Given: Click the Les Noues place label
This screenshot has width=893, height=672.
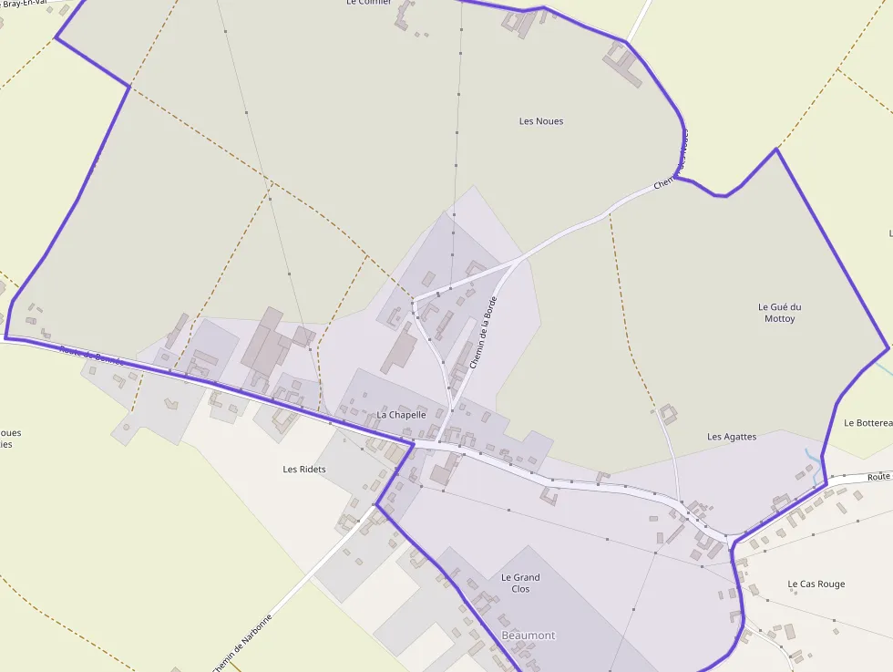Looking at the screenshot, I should (541, 121).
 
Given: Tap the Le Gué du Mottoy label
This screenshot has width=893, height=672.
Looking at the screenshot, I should (779, 313).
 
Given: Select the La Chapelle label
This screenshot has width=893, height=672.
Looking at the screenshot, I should (401, 415).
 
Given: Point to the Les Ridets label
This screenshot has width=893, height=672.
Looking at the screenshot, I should (304, 470).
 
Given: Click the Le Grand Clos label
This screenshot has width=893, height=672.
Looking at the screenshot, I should (520, 583).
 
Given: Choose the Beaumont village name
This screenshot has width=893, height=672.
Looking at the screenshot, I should (528, 636).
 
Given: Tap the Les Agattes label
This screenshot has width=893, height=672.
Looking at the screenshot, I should (732, 437).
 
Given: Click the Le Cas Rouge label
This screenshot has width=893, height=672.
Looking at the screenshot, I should (816, 584).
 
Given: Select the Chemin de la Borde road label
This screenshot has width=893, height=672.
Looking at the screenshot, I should (483, 333).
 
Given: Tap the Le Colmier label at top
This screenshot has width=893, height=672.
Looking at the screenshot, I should (369, 3).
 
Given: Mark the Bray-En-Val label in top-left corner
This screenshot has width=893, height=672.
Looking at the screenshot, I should (25, 5).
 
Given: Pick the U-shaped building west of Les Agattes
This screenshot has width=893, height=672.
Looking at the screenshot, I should (669, 414).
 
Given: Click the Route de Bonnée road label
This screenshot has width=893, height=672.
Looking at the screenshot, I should (91, 356).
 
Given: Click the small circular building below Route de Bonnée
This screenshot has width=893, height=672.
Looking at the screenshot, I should (127, 426).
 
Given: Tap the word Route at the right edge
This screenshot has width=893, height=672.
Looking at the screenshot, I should (878, 477).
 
